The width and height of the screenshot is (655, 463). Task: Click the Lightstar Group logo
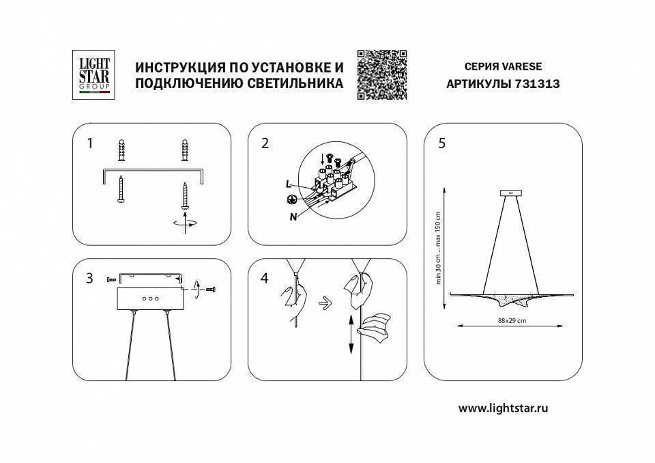(x=93, y=75)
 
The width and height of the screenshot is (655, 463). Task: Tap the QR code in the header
(x=382, y=75)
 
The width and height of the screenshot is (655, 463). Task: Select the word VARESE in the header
(x=522, y=67)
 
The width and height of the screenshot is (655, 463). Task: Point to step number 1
(x=89, y=143)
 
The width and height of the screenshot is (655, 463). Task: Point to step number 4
(x=265, y=279)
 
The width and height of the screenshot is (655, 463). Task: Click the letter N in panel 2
(x=292, y=216)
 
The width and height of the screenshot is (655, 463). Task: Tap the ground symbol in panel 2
(x=291, y=200)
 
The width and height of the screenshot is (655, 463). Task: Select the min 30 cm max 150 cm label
(x=439, y=248)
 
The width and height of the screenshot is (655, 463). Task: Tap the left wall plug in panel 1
(x=122, y=151)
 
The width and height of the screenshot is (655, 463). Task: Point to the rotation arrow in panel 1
(x=186, y=222)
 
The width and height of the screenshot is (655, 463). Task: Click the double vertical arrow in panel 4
(x=350, y=335)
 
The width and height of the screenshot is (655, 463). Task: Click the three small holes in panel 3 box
(x=150, y=298)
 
